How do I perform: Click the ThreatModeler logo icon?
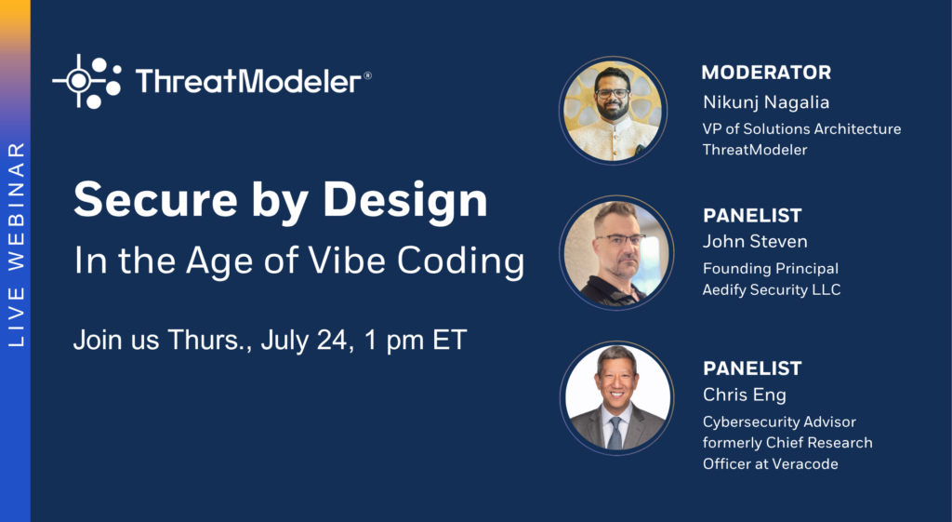(x=86, y=82)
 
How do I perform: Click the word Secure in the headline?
(x=155, y=200)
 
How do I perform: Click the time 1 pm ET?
(x=416, y=341)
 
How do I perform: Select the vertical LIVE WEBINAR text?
(x=16, y=245)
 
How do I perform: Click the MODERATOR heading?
(x=766, y=73)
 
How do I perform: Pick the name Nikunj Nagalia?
(x=766, y=102)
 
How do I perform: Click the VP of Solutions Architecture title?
(x=801, y=128)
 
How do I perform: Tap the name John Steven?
(x=755, y=241)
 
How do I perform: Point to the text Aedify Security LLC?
(x=772, y=290)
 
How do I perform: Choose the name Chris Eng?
(x=745, y=395)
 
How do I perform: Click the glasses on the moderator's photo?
(x=612, y=94)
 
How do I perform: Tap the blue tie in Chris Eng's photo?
(x=615, y=432)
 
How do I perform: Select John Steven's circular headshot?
(x=616, y=252)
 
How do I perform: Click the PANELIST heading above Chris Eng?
(x=752, y=368)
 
